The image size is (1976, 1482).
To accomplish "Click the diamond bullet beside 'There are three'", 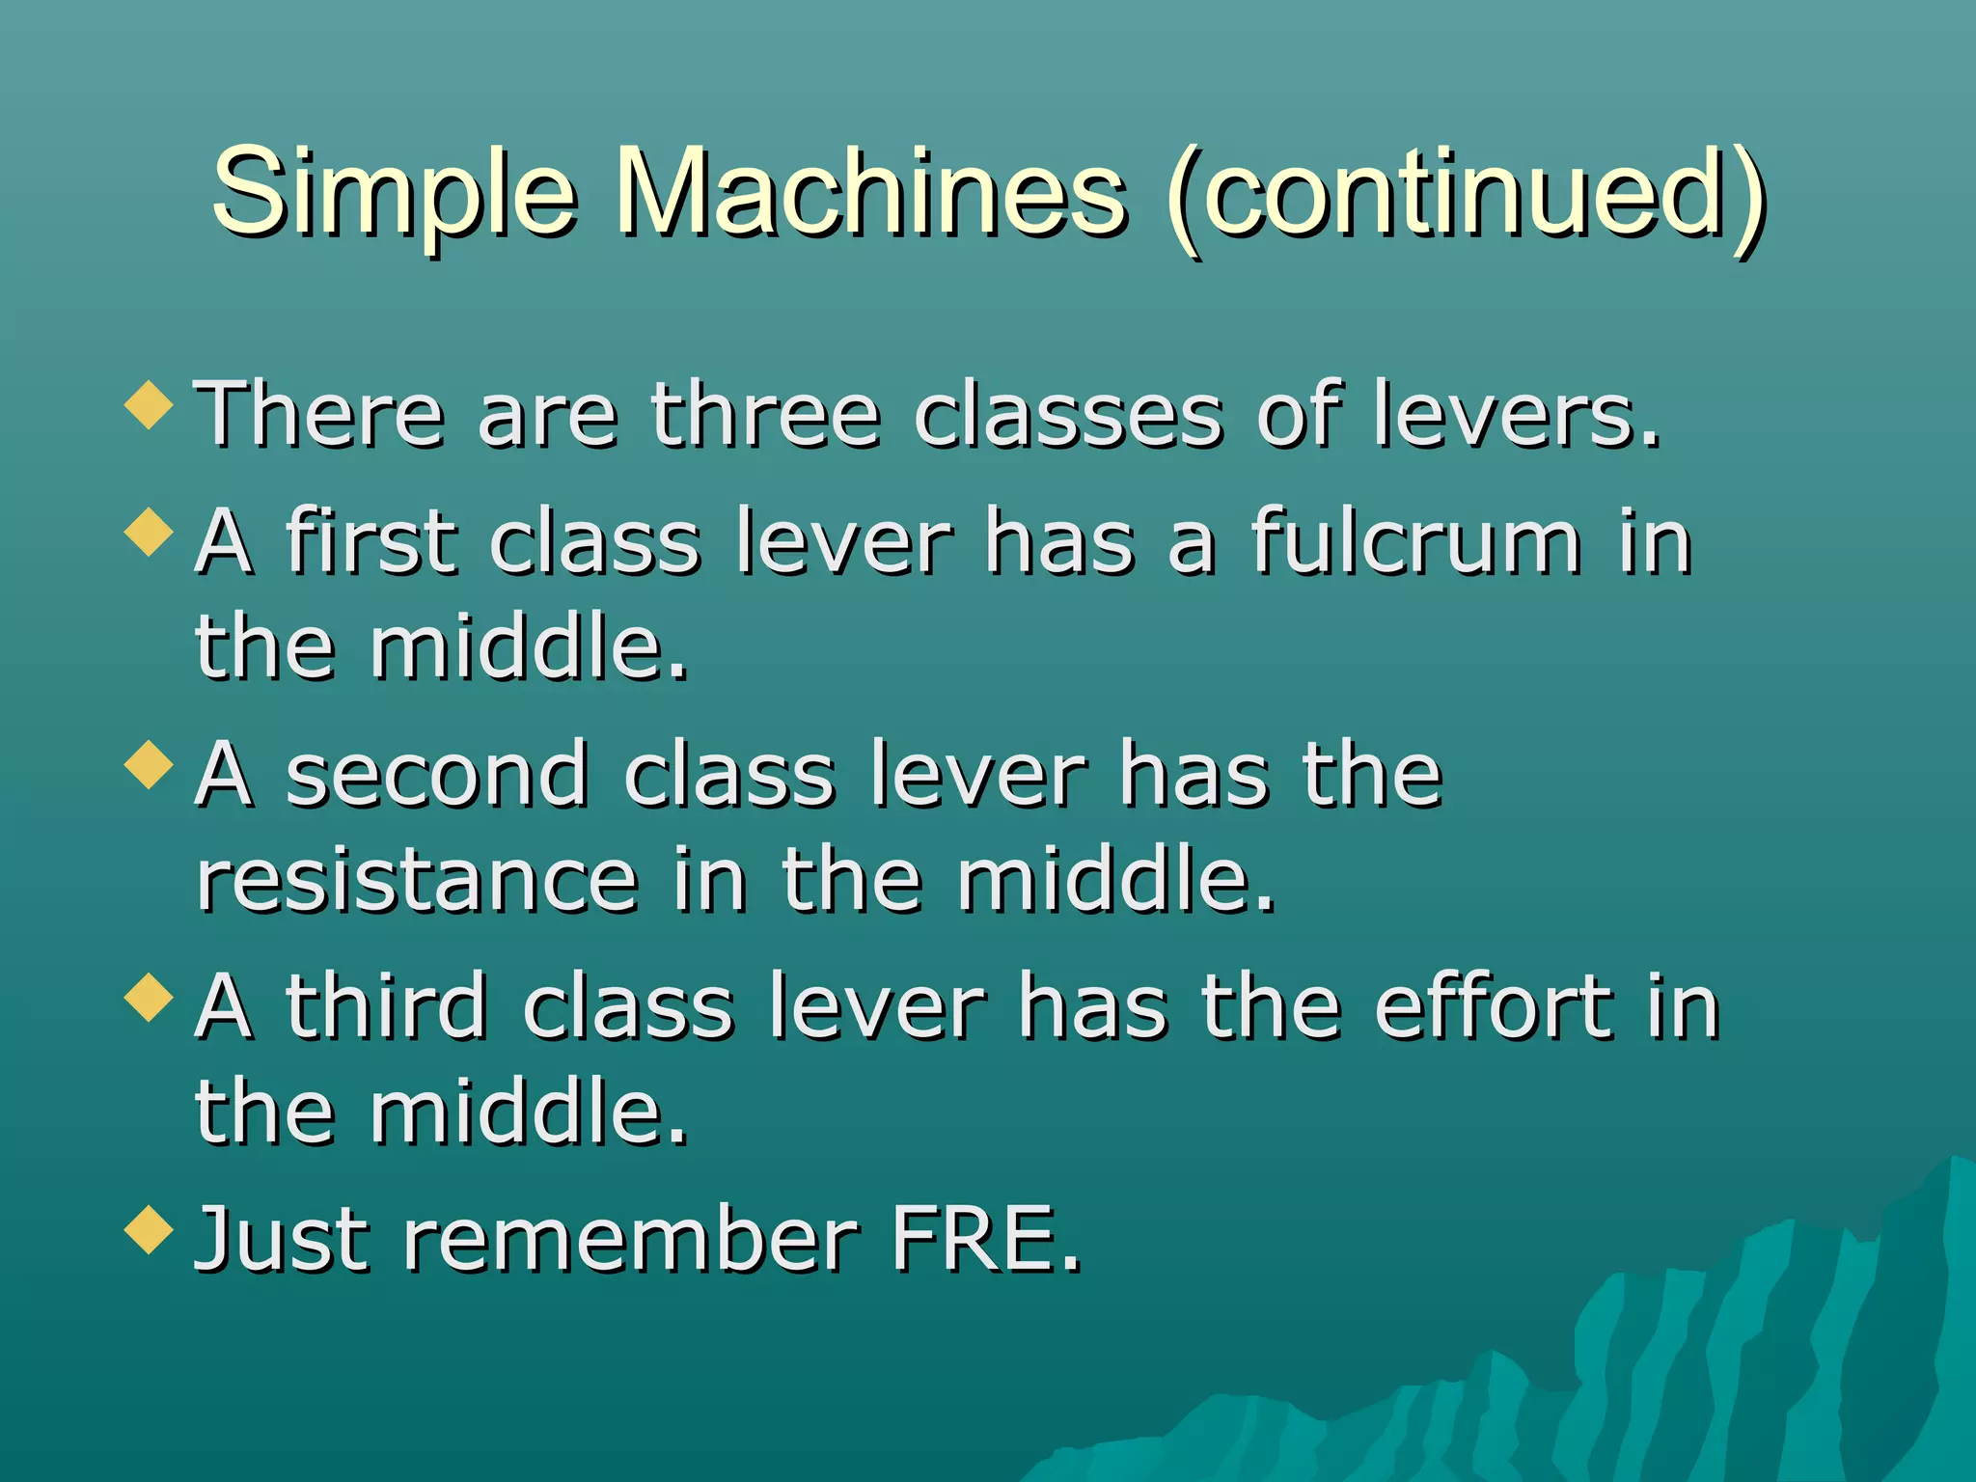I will pyautogui.click(x=149, y=404).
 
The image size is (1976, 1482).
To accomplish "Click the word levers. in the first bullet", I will pyautogui.click(x=1516, y=415).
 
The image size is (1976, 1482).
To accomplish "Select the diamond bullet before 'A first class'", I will pyautogui.click(x=149, y=532).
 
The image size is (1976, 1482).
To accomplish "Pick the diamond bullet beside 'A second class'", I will pyautogui.click(x=149, y=765).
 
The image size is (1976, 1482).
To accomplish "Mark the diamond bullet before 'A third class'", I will pyautogui.click(x=149, y=997).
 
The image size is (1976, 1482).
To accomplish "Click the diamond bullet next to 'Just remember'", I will pyautogui.click(x=149, y=1229).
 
